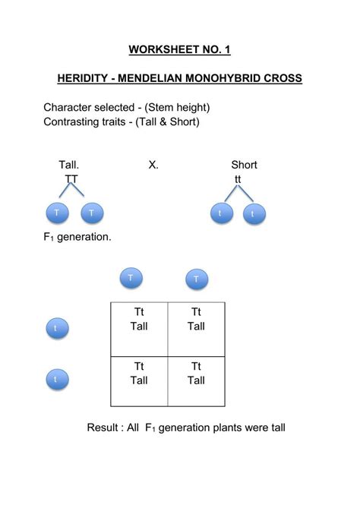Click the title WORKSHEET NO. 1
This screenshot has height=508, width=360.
179,50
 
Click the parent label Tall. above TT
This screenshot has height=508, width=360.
69,165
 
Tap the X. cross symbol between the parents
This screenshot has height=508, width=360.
153,165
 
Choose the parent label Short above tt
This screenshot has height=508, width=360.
244,165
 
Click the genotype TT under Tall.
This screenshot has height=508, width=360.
71,178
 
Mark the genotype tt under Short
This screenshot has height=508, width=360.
238,178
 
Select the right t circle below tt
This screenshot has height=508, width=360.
254,215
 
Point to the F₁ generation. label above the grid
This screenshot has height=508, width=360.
77,237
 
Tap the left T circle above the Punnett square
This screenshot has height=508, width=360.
131,278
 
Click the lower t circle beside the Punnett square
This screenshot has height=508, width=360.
55,378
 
